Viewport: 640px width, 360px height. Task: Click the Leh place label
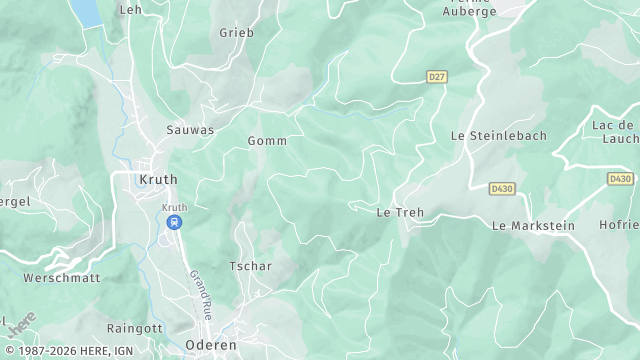point(130,10)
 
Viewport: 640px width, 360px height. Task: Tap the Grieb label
point(237,33)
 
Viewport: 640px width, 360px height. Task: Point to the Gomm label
point(267,141)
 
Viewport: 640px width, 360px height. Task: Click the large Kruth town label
point(158,180)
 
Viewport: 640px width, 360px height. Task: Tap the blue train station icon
point(174,222)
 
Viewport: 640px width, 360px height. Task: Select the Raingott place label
point(134,328)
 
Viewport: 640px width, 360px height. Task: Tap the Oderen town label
point(210,344)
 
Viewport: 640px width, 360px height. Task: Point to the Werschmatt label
point(62,278)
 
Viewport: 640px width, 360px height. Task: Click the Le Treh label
point(396,213)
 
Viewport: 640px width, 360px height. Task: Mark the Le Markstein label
point(533,226)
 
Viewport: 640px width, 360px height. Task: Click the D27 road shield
point(436,76)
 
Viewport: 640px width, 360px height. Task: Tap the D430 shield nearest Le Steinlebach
point(502,188)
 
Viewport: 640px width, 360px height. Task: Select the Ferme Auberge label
point(470,8)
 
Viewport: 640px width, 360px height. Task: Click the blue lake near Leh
point(88,12)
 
